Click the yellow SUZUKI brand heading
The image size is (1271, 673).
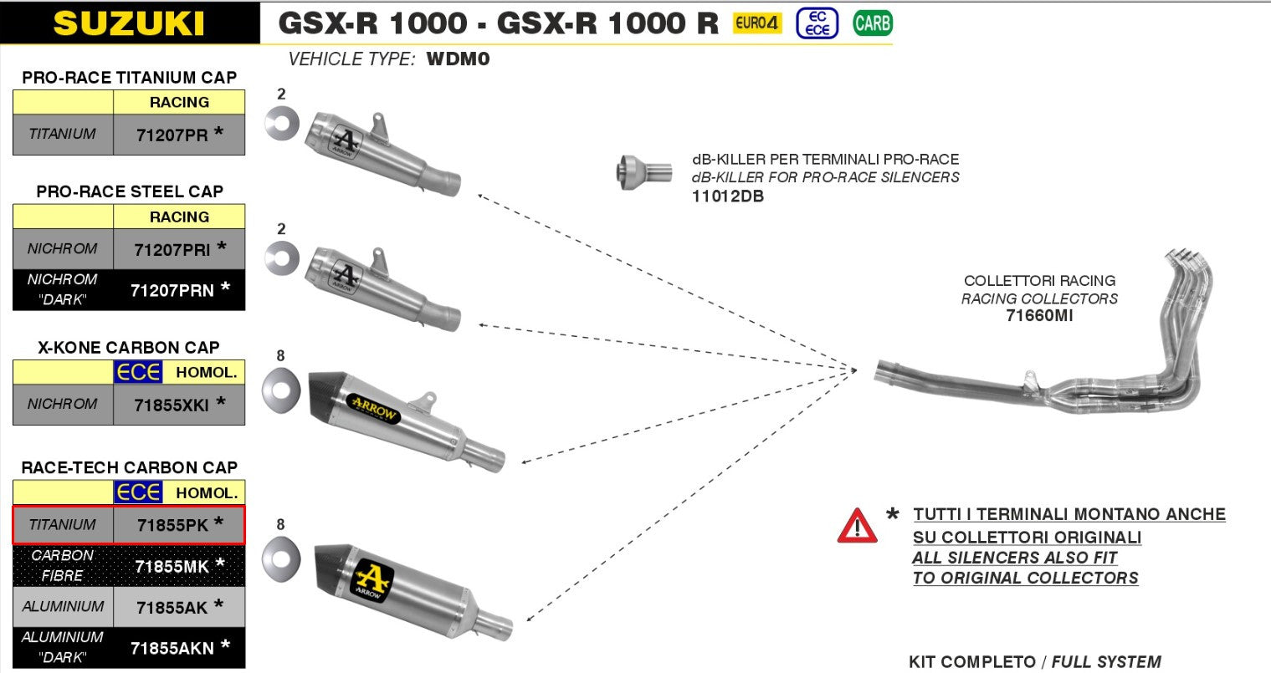[x=129, y=23]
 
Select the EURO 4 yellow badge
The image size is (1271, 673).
[x=756, y=23]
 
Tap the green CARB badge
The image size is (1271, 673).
[x=872, y=23]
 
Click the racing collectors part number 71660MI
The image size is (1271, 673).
[x=1039, y=316]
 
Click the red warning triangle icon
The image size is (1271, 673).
[x=857, y=527]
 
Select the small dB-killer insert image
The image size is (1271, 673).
[x=643, y=171]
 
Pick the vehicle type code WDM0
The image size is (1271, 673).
[x=458, y=59]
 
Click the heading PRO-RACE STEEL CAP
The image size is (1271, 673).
[x=130, y=191]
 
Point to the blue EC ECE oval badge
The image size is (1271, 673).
[x=817, y=23]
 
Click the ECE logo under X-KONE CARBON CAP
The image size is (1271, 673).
[x=138, y=372]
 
